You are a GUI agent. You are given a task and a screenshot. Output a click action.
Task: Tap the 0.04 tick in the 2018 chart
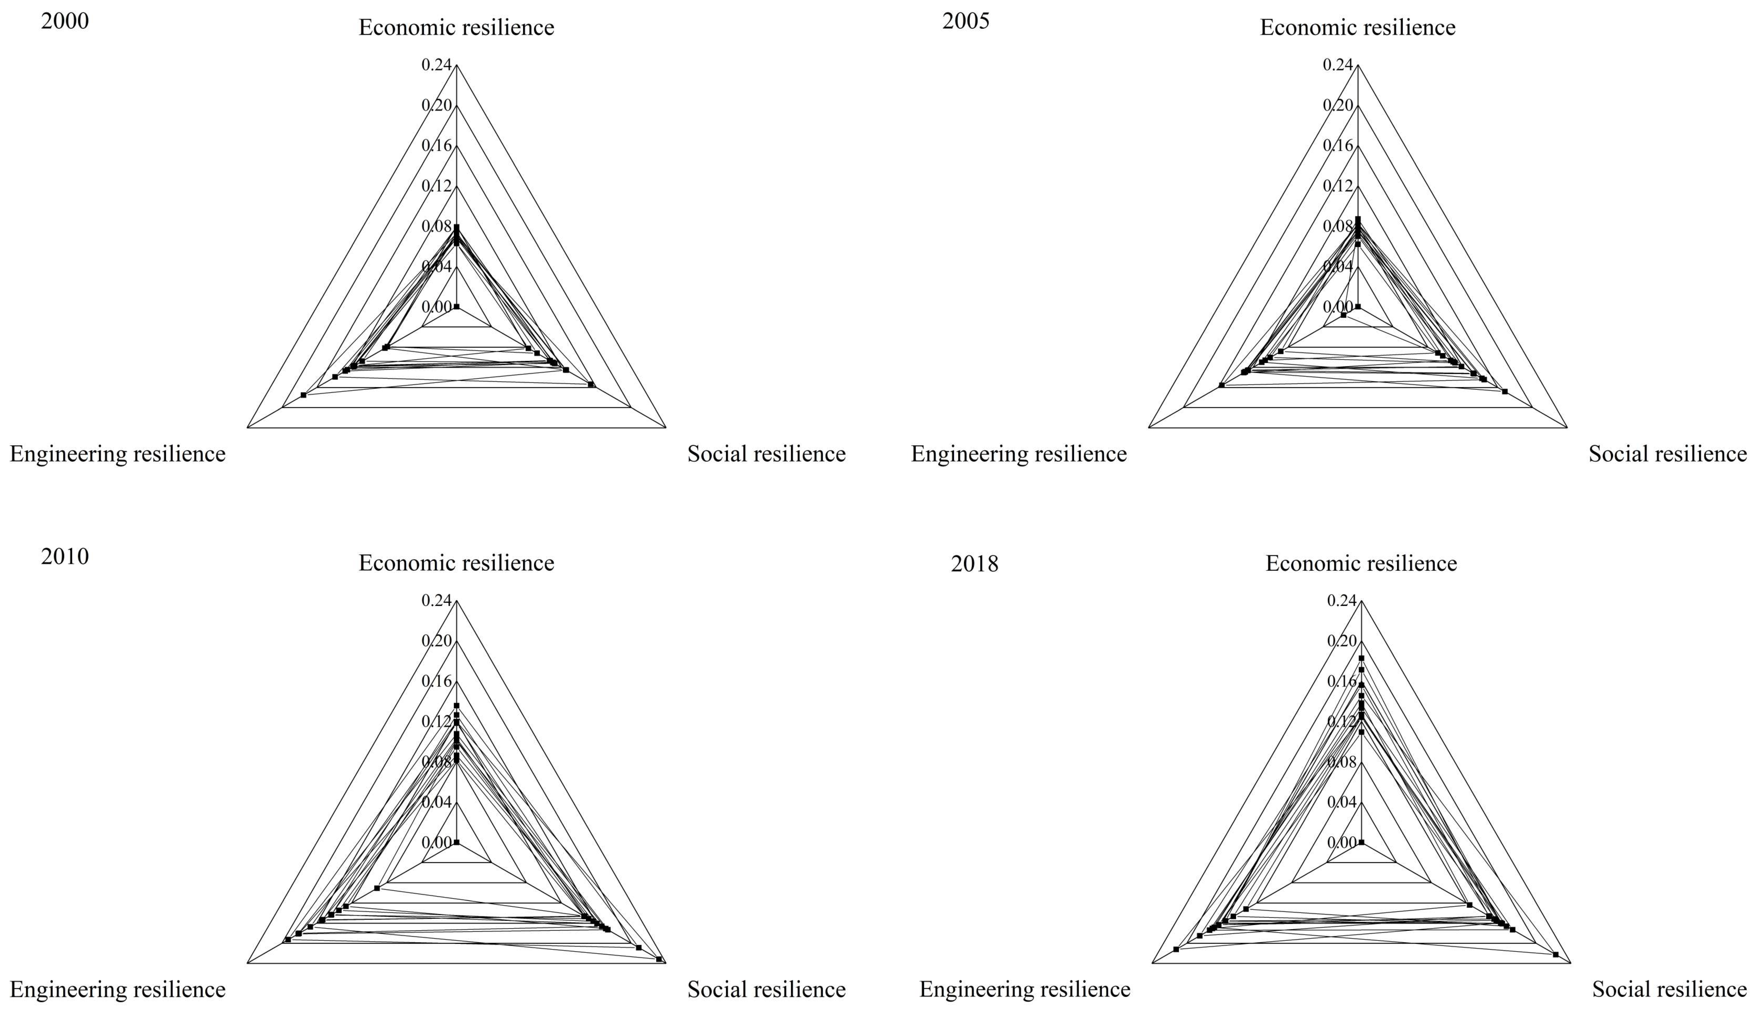[x=1341, y=802]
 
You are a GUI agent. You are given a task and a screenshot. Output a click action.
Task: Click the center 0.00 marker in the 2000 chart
[x=456, y=306]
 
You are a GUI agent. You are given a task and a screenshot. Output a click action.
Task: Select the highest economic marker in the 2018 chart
[x=1362, y=657]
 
